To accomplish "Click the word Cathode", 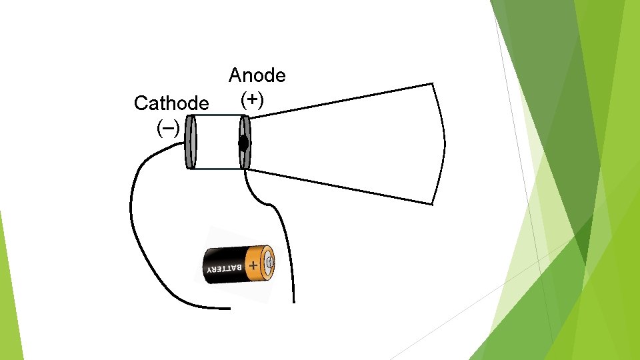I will pos(171,103).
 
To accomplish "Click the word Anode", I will pos(257,75).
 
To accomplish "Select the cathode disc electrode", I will pos(191,142).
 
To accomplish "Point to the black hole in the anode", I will pos(244,143).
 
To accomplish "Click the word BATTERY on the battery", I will pos(223,269).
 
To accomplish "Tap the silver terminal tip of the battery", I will pos(270,262).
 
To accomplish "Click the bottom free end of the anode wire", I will pos(293,300).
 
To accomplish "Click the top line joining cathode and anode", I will pos(217,115).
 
